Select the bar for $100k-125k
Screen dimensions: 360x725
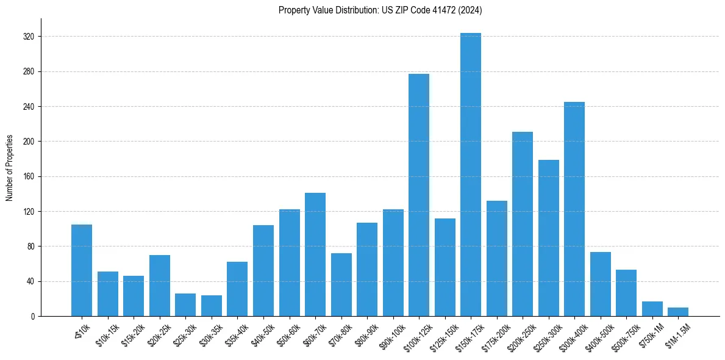pos(418,195)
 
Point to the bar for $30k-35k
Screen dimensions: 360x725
pos(211,306)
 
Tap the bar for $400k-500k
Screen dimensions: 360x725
pos(600,284)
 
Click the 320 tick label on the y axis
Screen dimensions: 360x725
pos(29,37)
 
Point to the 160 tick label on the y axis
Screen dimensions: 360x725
pos(29,177)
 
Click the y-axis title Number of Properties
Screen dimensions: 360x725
pos(10,168)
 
